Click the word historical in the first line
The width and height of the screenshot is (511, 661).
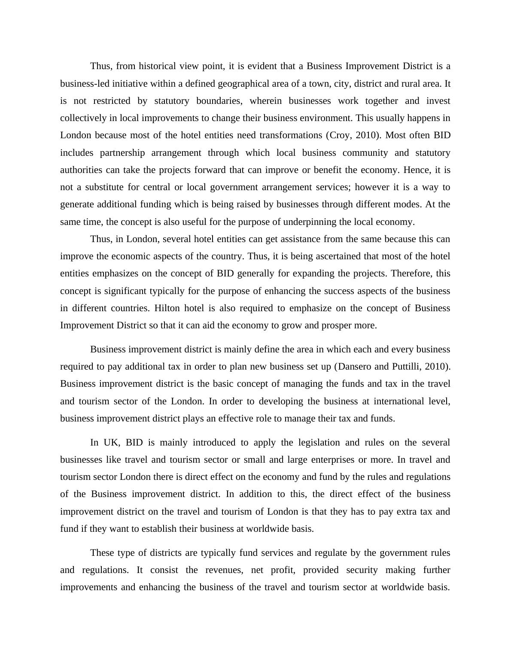pyautogui.click(x=159, y=66)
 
